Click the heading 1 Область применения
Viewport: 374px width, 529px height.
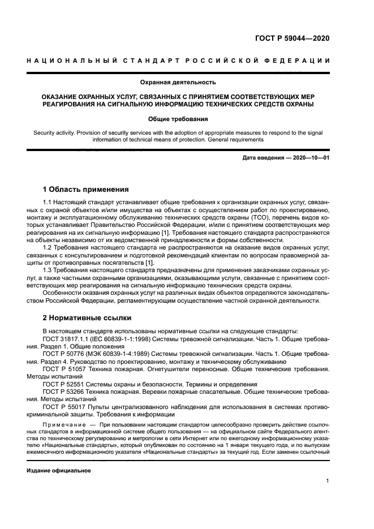click(x=86, y=189)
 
